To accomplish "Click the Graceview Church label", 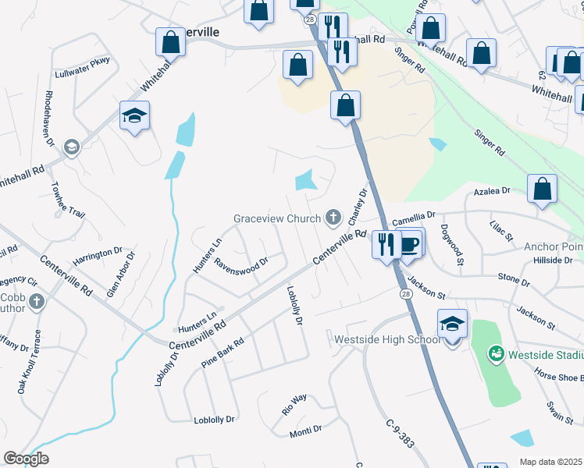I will [x=276, y=218].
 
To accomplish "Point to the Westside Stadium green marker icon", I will [x=495, y=354].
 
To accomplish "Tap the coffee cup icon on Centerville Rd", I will [x=410, y=244].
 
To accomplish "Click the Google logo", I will [x=27, y=459].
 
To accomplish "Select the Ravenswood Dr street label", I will [x=242, y=261].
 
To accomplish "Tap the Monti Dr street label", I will [x=306, y=430].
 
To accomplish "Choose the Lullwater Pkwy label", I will [x=83, y=68].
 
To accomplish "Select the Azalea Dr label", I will [x=493, y=190].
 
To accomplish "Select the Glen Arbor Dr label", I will [x=121, y=273].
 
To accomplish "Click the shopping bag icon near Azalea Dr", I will [x=543, y=189].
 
